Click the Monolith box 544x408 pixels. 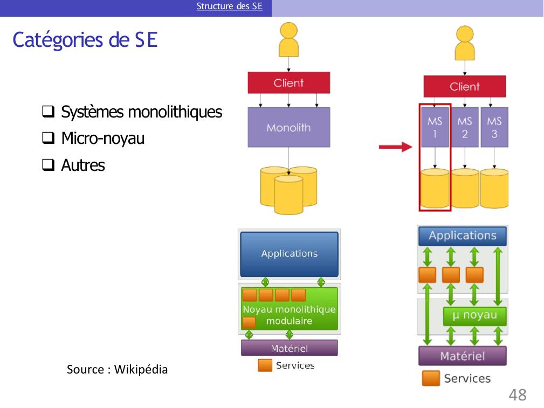click(x=288, y=127)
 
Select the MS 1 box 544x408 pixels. click(x=435, y=127)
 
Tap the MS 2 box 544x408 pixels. click(x=464, y=127)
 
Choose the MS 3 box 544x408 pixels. click(x=494, y=127)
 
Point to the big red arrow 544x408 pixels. click(x=395, y=147)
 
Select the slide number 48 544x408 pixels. click(x=518, y=395)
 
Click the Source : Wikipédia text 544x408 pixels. click(x=117, y=370)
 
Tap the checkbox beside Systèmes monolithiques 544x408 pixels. click(x=47, y=113)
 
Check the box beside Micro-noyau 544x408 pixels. click(x=47, y=139)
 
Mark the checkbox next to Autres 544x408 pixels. click(x=47, y=165)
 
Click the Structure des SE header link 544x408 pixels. click(x=229, y=6)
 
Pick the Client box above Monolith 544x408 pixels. click(x=288, y=83)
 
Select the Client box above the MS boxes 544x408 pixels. click(x=464, y=86)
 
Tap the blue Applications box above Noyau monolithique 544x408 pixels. click(x=289, y=253)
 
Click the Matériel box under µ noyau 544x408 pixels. click(x=462, y=356)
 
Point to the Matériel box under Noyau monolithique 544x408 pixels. click(x=289, y=348)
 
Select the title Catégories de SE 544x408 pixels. click(x=85, y=40)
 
